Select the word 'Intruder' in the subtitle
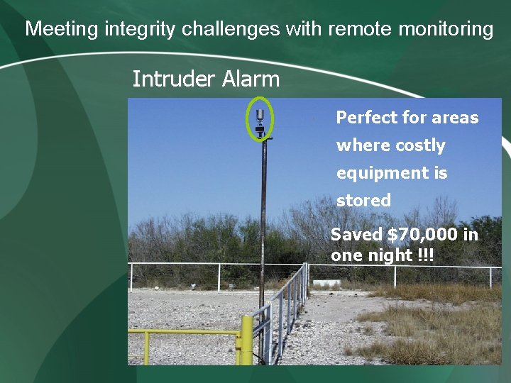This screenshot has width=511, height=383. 174,79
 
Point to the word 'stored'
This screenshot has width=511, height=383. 363,201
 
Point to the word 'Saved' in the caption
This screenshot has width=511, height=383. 357,235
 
